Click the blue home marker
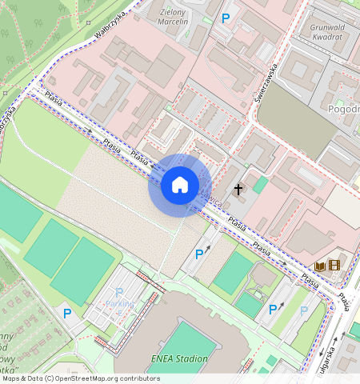point(180,185)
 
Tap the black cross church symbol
point(238,190)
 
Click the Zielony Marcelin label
point(174,17)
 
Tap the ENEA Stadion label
point(179,359)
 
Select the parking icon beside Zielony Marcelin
point(226,18)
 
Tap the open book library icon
point(320,266)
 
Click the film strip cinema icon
point(334,266)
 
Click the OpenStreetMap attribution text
point(80,378)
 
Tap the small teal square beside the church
point(261,184)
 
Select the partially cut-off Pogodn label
point(343,108)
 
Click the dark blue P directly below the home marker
point(199,254)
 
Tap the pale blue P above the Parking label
point(119,293)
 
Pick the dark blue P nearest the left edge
point(67,314)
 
